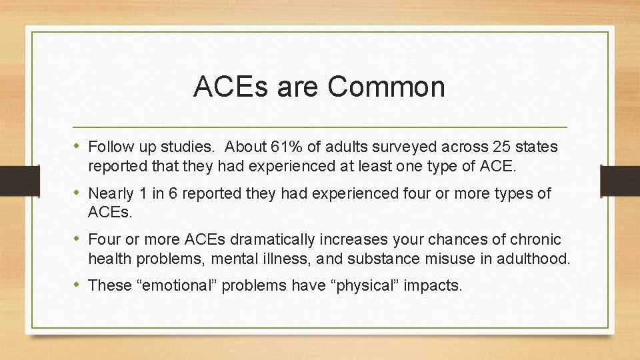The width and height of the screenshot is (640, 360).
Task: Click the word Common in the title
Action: pyautogui.click(x=387, y=87)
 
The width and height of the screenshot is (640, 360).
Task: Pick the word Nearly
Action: pyautogui.click(x=110, y=193)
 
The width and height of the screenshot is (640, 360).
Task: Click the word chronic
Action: pyautogui.click(x=537, y=239)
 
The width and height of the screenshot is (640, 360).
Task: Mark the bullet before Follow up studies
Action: pyautogui.click(x=79, y=146)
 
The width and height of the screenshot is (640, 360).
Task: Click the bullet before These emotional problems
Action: pyautogui.click(x=79, y=285)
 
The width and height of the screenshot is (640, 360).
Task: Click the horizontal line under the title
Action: pyautogui.click(x=320, y=127)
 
